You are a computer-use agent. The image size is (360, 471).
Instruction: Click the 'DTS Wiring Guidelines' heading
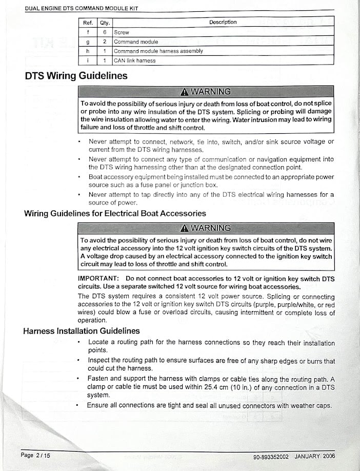pos(76,76)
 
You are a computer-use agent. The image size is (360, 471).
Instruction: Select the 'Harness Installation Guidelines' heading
pos(82,331)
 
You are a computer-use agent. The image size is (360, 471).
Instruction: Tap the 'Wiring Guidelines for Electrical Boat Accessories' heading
pos(115,213)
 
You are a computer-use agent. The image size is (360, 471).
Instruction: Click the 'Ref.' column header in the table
pos(88,23)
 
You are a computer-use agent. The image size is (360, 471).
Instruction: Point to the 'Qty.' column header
pos(105,23)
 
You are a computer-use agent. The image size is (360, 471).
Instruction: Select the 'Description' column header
pos(223,22)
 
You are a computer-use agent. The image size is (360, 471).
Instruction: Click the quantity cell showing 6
pos(105,32)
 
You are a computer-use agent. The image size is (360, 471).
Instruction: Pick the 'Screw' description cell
pos(122,32)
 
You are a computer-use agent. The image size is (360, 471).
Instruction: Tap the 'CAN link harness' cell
pos(134,60)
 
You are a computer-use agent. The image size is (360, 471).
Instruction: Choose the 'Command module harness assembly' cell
pos(158,51)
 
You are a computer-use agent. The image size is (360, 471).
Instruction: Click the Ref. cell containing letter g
pos(88,42)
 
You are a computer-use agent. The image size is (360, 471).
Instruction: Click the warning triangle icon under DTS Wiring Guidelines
pos(185,92)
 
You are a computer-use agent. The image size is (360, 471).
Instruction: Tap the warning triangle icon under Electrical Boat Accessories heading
pos(185,228)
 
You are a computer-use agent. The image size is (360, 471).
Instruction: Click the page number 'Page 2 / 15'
pos(35,455)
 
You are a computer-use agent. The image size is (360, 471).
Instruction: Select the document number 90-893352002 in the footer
pos(271,456)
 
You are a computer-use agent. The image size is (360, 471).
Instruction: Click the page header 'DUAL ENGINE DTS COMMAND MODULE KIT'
pos(82,8)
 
